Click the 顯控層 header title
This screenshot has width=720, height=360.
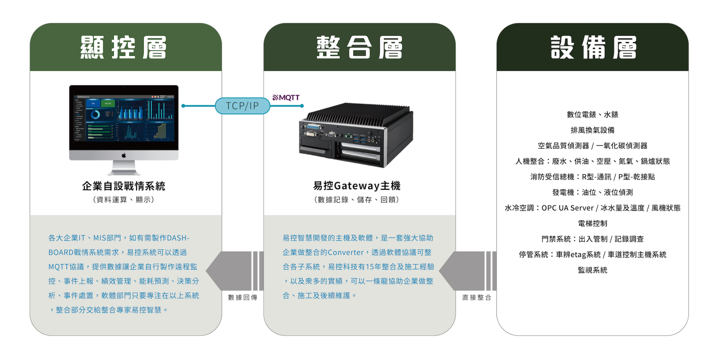point(123,47)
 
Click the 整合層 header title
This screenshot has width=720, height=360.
point(359,47)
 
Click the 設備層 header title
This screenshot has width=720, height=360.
point(593,47)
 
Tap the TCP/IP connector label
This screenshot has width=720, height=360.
point(242,106)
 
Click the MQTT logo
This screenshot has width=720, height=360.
point(286,98)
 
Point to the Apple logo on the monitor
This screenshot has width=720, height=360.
point(123,155)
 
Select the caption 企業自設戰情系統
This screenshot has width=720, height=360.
point(123,186)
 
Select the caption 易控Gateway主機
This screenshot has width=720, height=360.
point(356,186)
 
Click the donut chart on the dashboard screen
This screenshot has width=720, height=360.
point(95,115)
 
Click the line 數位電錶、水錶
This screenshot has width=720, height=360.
point(593,114)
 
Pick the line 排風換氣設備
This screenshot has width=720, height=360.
point(593,130)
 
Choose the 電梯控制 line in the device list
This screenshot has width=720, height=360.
point(593,223)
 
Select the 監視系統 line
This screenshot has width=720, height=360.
point(593,270)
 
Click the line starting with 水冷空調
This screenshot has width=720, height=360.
point(593,208)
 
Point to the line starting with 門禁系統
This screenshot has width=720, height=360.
point(593,239)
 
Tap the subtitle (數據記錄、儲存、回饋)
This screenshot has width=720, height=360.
point(356,199)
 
